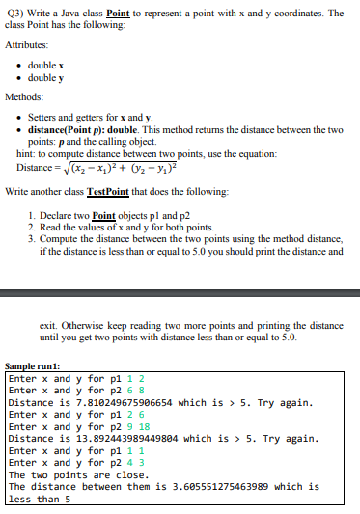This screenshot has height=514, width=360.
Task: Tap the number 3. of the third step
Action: pyautogui.click(x=34, y=236)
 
